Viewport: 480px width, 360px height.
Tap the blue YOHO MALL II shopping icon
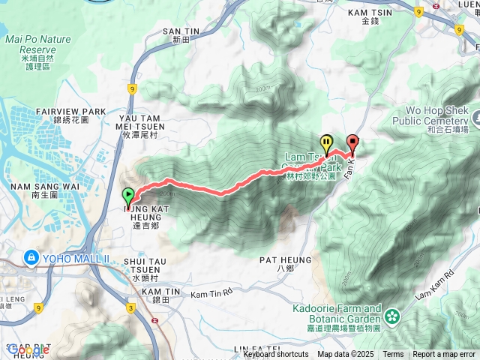click(31, 258)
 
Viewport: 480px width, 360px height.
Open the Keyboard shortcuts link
click(276, 354)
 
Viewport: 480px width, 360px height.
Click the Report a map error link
click(444, 354)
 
